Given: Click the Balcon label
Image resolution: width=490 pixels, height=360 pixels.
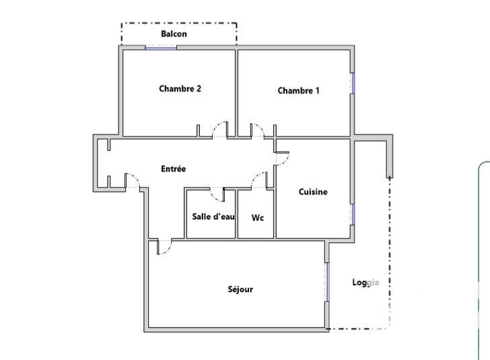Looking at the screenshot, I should click(174, 34).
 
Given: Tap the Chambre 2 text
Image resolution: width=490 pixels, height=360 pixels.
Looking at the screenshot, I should click(180, 88).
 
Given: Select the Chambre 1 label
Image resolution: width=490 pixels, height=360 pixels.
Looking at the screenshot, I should click(298, 91).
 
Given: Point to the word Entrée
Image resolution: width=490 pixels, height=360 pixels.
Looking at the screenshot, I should click(173, 169).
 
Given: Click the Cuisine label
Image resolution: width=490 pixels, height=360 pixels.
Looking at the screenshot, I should click(313, 192).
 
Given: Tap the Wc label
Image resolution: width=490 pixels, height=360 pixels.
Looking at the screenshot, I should click(258, 218).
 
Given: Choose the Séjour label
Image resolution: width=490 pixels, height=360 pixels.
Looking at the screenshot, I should click(240, 289).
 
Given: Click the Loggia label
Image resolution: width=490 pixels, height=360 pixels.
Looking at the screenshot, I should click(365, 283).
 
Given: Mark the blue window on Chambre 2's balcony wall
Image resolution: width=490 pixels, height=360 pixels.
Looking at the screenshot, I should click(161, 47).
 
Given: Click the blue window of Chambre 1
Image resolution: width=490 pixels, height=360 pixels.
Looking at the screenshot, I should click(351, 83).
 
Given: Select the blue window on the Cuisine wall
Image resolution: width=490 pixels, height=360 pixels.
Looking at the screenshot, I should click(351, 214).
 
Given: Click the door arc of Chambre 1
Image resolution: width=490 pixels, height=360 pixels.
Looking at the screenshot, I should click(257, 129).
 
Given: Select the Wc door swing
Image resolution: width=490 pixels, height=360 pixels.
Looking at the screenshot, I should click(259, 179).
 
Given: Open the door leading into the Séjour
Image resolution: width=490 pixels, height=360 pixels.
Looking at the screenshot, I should click(164, 247).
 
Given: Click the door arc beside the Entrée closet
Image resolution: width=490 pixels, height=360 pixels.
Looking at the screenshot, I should click(133, 180).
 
